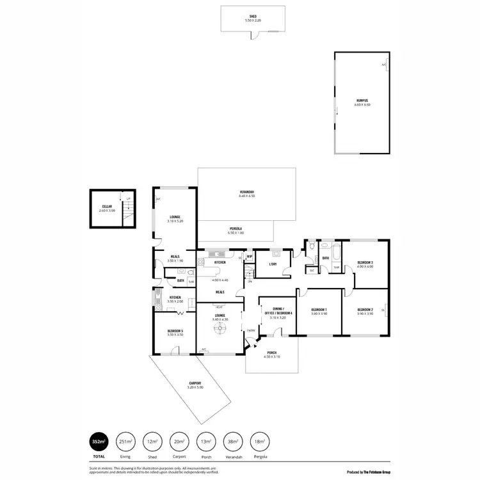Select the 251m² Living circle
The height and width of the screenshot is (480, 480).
click(125, 441)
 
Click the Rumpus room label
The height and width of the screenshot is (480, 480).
click(363, 102)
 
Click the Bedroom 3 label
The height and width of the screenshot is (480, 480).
click(365, 264)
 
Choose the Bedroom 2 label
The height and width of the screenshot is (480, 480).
click(365, 310)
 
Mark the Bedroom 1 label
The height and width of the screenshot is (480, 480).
click(319, 310)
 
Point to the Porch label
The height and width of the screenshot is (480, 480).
click(272, 353)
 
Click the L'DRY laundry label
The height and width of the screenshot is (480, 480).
click(272, 264)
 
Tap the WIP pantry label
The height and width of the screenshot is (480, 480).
click(249, 257)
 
